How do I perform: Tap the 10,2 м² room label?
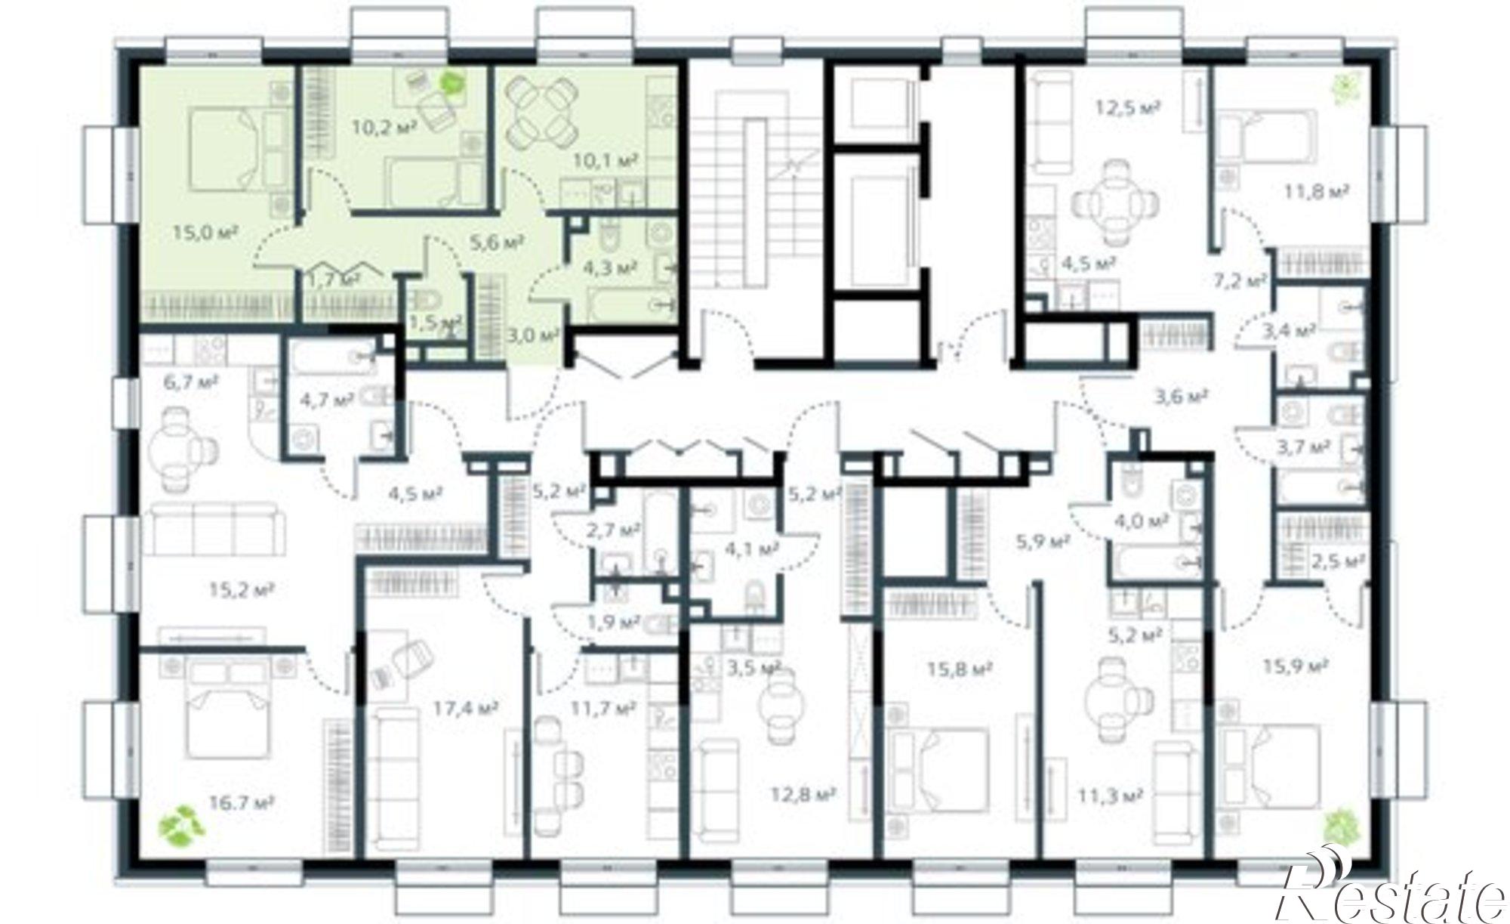384,126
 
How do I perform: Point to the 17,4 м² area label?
465,708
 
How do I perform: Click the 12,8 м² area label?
802,795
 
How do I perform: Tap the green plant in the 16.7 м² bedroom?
180,826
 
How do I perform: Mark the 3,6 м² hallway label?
1182,394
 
